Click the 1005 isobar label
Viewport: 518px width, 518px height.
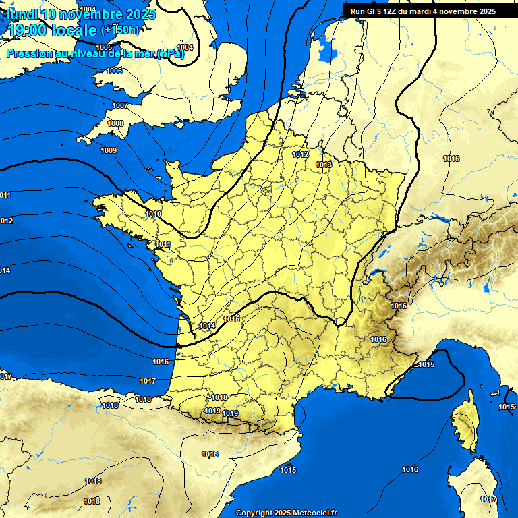pyautogui.click(x=103, y=47)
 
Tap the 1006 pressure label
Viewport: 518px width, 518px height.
pyautogui.click(x=114, y=71)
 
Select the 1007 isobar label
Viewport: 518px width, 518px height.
pyautogui.click(x=120, y=105)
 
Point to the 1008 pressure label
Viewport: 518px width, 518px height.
pyautogui.click(x=115, y=123)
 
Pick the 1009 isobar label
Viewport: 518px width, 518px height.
pyautogui.click(x=108, y=150)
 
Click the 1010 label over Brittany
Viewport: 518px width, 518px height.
pyautogui.click(x=153, y=214)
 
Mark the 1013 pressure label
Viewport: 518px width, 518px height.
pyautogui.click(x=324, y=165)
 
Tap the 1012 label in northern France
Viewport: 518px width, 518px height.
pyautogui.click(x=300, y=154)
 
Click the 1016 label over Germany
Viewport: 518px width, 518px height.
pyautogui.click(x=451, y=159)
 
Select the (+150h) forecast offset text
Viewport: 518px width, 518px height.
pyautogui.click(x=120, y=30)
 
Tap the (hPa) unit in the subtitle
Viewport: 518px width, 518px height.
pyautogui.click(x=171, y=54)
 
